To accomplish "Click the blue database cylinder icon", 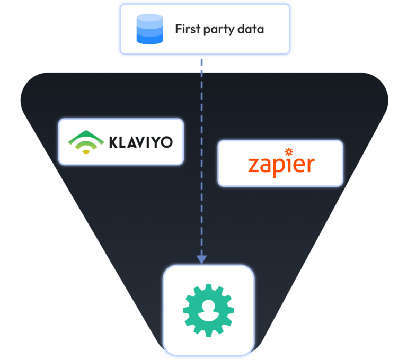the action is [150, 29].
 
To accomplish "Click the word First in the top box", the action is [188, 29].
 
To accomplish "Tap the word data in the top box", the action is [251, 29].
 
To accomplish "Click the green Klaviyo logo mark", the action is [86, 142].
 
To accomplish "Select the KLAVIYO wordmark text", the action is [141, 142].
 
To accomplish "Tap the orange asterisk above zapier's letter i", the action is [289, 152].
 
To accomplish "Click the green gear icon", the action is [209, 310].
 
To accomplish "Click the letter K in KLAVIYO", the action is [114, 142].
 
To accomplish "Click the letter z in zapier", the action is [254, 165].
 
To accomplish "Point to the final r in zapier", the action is [311, 165].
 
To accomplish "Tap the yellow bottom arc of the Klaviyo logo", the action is [86, 152].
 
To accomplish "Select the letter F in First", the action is [179, 29].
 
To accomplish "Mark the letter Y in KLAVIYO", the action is [154, 142].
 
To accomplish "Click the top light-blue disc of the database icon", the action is [150, 17].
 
